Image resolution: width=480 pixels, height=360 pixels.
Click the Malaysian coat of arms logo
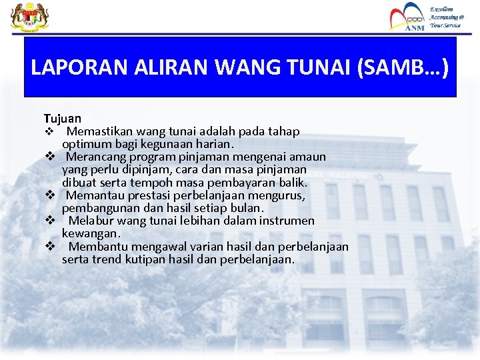tap(25, 17)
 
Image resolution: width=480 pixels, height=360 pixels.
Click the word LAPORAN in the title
tap(67, 68)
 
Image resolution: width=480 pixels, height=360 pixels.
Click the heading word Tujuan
tap(63, 119)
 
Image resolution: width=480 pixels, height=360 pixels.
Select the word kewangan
tap(91, 233)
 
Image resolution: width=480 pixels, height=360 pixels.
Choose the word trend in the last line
tap(106, 259)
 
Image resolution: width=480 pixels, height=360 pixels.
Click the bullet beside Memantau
tap(49, 195)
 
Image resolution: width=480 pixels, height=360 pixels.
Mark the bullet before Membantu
tap(49, 246)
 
